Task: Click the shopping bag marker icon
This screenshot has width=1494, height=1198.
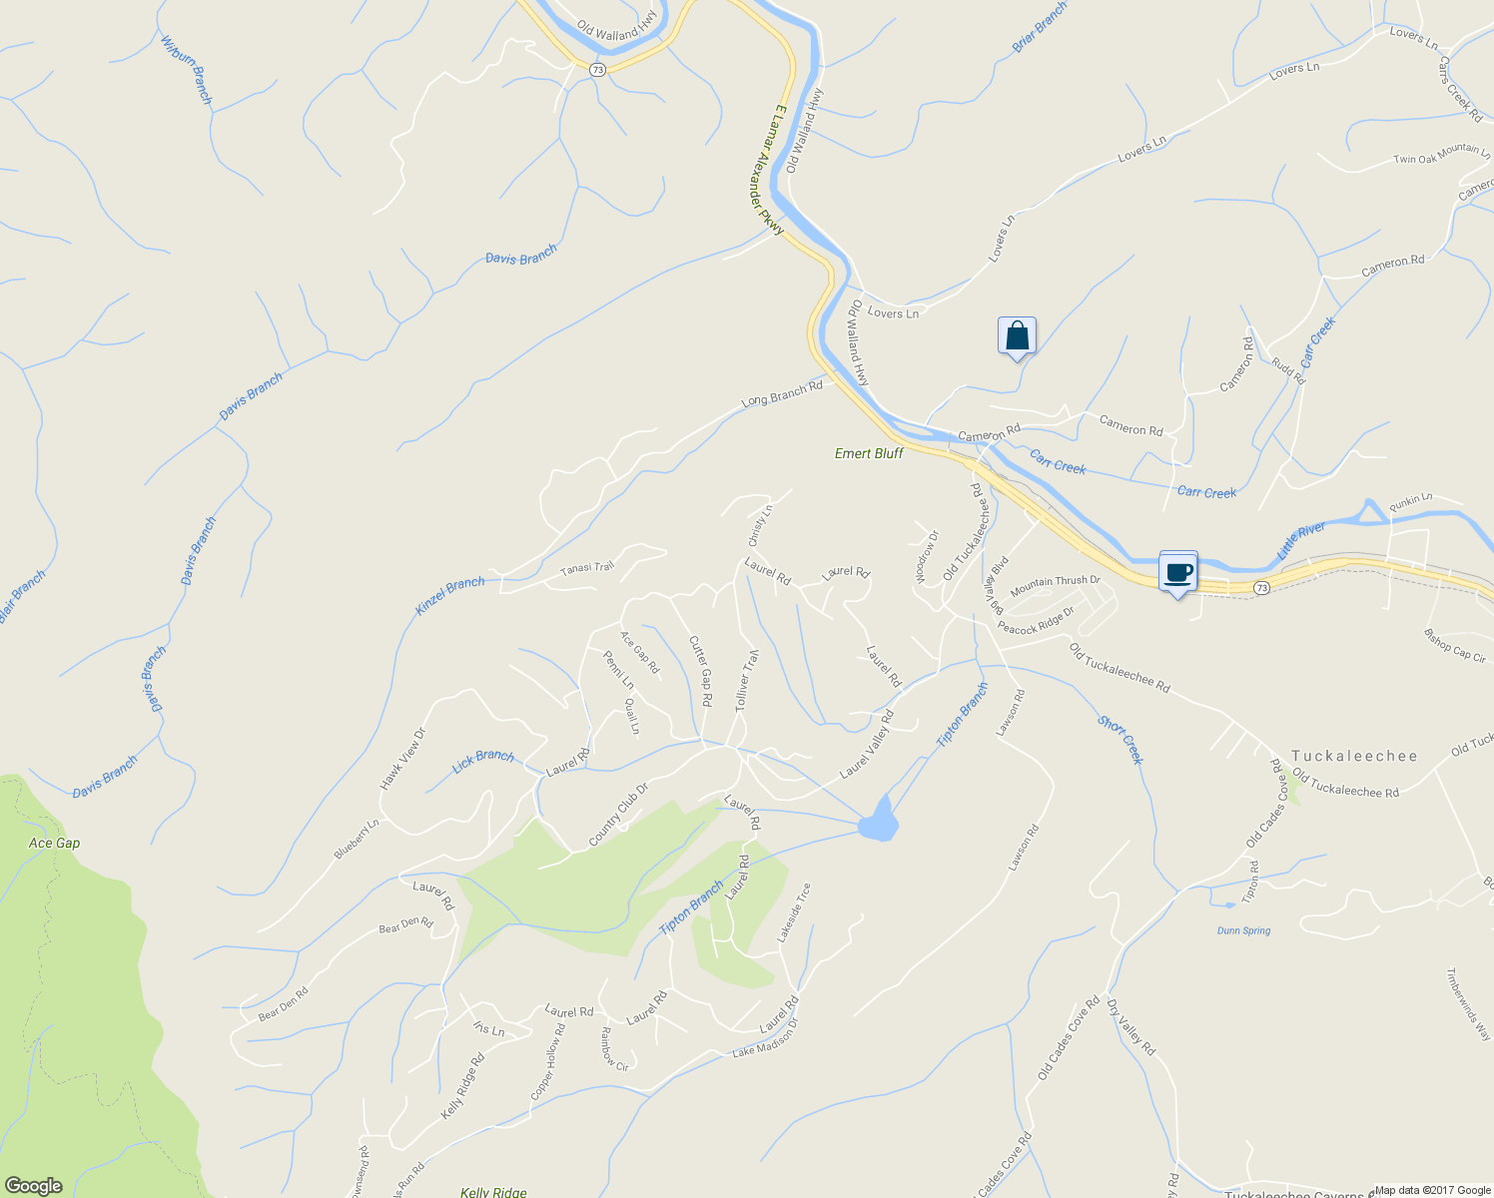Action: tap(1017, 336)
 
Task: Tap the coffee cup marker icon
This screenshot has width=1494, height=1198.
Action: tap(1178, 572)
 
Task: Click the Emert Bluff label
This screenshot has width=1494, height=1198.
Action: tap(869, 453)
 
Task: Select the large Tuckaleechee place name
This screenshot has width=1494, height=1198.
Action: tap(1354, 756)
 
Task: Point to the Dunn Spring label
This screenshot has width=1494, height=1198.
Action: tap(1243, 930)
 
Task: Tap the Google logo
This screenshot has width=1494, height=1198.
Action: tap(33, 1186)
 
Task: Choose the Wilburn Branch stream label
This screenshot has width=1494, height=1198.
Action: tap(188, 71)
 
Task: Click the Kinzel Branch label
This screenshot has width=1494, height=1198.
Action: tap(449, 596)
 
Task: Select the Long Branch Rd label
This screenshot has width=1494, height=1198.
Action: tap(782, 393)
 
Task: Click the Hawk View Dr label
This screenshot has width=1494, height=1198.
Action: tap(402, 759)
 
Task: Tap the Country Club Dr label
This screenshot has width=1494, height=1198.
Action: tap(618, 814)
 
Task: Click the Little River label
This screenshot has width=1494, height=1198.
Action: tap(1300, 540)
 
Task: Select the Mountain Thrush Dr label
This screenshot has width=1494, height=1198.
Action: tap(1055, 586)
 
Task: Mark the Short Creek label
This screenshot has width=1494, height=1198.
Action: tap(1120, 739)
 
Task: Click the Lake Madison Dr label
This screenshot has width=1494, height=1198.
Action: tap(766, 1038)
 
